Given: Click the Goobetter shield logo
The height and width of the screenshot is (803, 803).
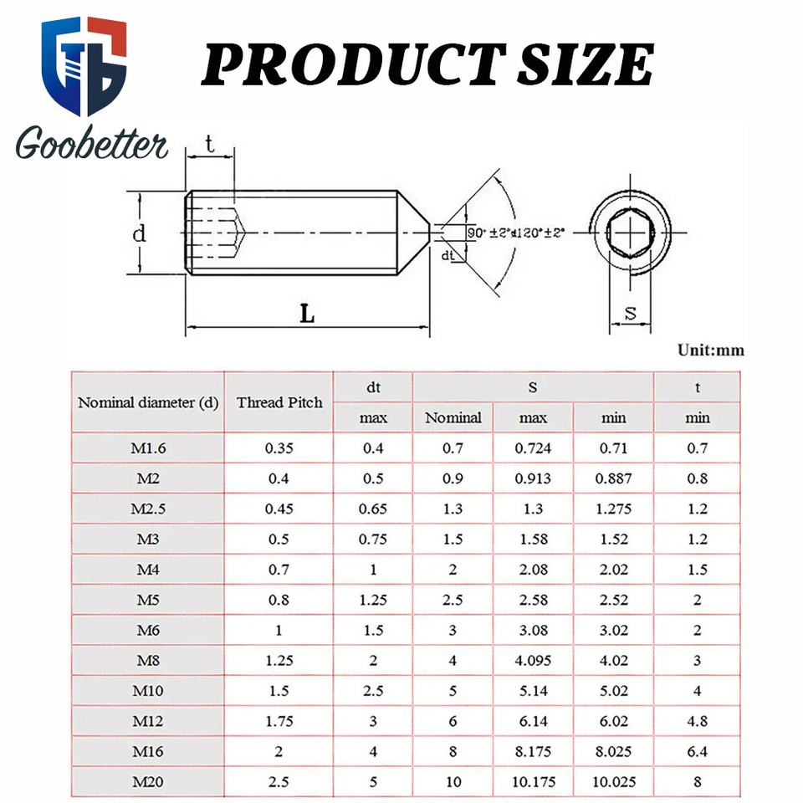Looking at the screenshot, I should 84,65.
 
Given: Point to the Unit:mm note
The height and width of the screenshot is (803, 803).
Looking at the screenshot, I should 710,350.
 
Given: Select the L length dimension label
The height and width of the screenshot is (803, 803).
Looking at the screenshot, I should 308,315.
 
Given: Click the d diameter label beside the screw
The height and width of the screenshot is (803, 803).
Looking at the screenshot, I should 140,233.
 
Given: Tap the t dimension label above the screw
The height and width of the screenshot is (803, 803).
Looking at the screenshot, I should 210,144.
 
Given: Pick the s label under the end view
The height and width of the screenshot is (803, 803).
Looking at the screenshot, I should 632,314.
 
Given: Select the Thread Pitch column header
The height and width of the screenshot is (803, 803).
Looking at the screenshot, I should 279,402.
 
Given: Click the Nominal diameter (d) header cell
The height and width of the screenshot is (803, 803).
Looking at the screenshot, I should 148,402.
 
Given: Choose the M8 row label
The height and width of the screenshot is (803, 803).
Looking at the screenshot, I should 148,661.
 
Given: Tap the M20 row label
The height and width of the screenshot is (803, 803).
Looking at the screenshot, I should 148,782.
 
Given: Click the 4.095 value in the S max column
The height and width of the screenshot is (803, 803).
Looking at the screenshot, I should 533,661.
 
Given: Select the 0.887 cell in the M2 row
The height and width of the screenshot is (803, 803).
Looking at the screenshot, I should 613,478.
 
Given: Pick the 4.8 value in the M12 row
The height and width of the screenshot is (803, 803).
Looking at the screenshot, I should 697,721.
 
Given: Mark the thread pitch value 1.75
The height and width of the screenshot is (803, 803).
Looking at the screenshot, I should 279,721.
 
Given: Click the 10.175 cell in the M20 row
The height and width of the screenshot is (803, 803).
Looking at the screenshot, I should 533,782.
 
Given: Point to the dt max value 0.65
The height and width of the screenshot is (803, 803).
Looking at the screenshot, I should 373,509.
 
